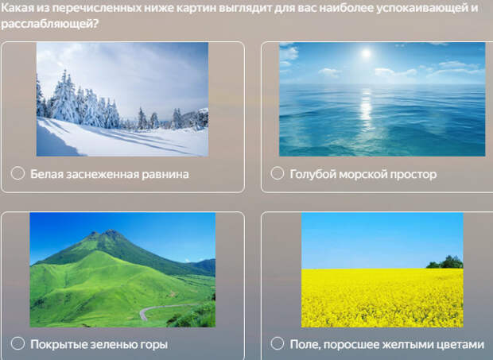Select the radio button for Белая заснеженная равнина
coord(17,173)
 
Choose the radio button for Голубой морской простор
coord(278,173)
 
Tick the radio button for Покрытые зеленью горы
coord(17,343)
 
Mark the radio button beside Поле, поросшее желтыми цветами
coord(278,343)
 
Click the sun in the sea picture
coord(366,53)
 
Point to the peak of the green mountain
coord(110,231)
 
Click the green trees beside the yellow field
coord(445,262)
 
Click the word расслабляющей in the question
coord(49,24)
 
